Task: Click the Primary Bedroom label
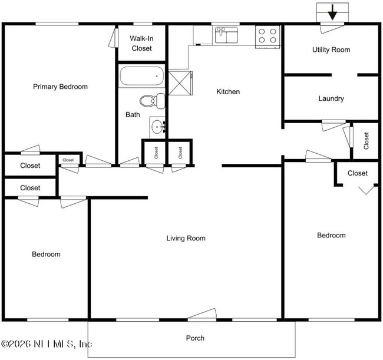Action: (x=60, y=87)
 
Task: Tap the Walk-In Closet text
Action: (x=141, y=44)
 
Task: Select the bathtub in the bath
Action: (x=142, y=77)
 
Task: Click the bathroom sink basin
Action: (x=157, y=126)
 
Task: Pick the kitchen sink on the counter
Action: (x=226, y=35)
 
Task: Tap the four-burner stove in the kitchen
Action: (x=267, y=36)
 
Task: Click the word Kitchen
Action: (x=228, y=92)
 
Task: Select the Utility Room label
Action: (x=331, y=50)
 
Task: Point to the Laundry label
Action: (x=331, y=99)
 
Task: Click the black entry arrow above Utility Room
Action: (x=332, y=12)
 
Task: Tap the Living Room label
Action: (x=186, y=239)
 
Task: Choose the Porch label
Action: (x=195, y=338)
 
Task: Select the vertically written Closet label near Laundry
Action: (x=367, y=140)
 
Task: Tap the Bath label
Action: (x=133, y=115)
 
